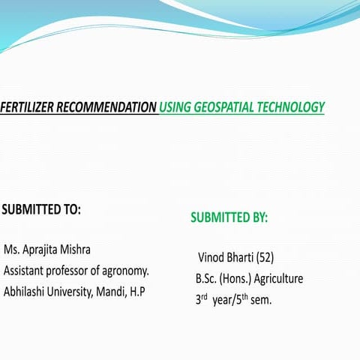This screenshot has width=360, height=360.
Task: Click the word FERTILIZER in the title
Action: coord(25,107)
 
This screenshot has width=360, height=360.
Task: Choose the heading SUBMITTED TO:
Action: coord(41,209)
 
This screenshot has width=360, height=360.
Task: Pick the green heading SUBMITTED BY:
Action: coord(229,218)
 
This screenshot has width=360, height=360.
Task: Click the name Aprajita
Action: coord(48,249)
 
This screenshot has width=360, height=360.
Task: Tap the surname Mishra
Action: coord(94,249)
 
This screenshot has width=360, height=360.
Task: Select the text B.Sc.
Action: coord(206,279)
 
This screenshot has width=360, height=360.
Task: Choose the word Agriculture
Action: coord(278,279)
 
